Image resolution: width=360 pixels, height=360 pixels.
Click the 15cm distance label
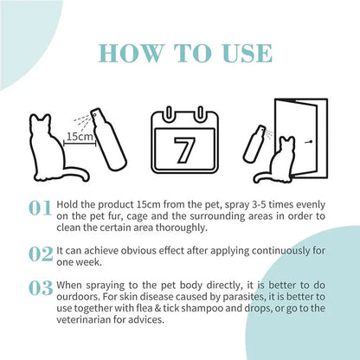[x=80, y=136]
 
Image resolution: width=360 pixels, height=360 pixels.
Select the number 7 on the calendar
[x=184, y=151]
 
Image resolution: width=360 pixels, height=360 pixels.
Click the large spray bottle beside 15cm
[x=108, y=138]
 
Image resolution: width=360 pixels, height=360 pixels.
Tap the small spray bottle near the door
[x=254, y=144]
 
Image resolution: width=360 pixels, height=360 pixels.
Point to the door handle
[x=309, y=142]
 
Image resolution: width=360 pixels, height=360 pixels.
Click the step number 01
[x=40, y=209]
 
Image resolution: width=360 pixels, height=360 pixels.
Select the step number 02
[x=41, y=254]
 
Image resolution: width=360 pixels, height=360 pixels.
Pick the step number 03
[x=41, y=288]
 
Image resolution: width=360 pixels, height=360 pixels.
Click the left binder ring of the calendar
[x=169, y=114]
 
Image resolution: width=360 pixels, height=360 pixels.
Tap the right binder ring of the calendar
[x=200, y=114]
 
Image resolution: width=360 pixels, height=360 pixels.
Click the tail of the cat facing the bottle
[x=77, y=174]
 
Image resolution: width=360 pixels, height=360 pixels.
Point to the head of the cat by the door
[x=287, y=144]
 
